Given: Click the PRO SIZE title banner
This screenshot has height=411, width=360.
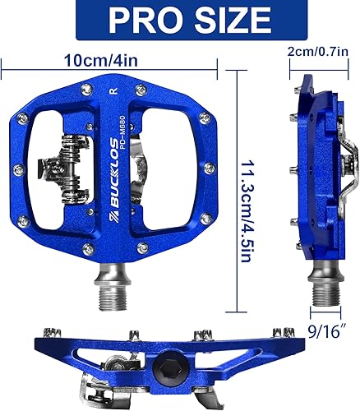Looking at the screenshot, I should pos(180,20).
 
